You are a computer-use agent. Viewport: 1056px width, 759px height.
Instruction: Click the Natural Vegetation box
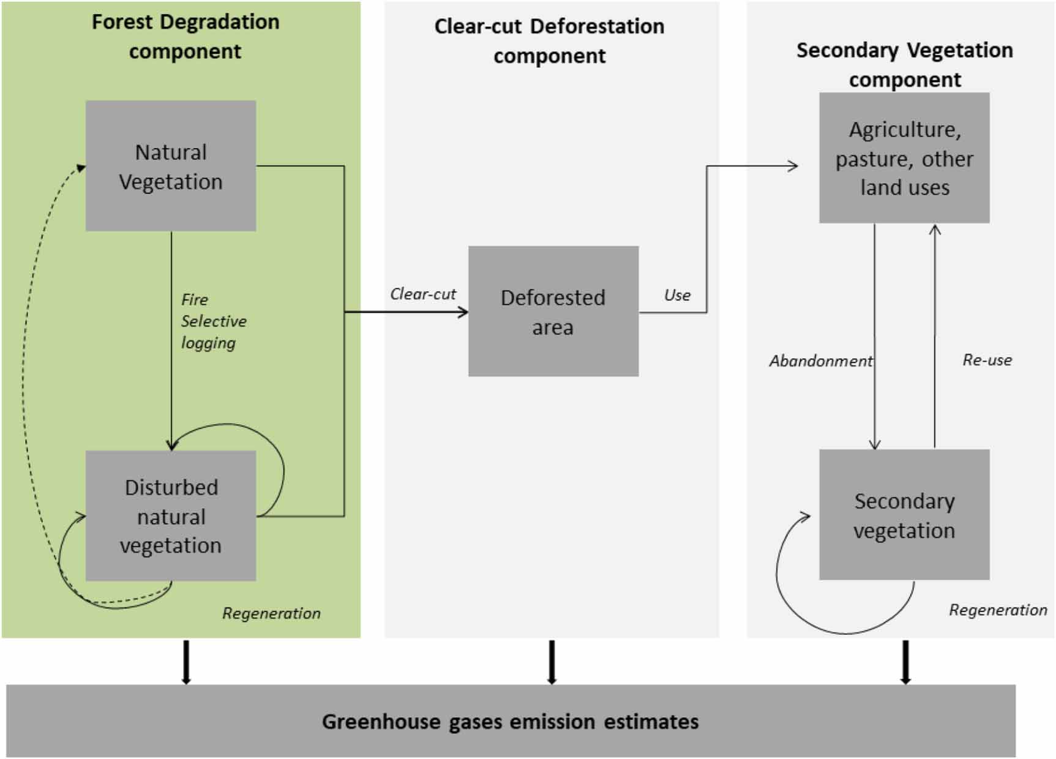[x=171, y=166]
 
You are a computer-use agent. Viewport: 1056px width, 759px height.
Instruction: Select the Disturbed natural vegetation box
[x=171, y=516]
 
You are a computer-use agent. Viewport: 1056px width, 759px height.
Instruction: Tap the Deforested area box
[x=553, y=312]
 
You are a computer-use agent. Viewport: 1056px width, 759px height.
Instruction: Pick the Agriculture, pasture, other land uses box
[x=904, y=158]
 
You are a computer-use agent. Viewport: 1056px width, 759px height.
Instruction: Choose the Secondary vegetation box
[x=904, y=515]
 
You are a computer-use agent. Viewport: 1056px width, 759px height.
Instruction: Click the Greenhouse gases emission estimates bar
[x=511, y=721]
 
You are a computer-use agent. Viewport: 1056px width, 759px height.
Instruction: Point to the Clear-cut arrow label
[x=423, y=294]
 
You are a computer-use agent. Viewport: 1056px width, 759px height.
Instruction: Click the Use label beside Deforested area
[x=677, y=295]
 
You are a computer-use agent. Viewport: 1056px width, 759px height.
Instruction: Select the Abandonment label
[x=820, y=361]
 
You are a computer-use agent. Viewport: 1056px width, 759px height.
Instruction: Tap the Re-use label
[x=987, y=360]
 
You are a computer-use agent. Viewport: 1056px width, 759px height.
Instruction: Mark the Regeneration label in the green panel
[x=271, y=613]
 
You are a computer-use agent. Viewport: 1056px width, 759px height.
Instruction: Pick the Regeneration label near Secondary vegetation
[x=998, y=610]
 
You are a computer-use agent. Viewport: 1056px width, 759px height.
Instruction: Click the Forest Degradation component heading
[x=185, y=36]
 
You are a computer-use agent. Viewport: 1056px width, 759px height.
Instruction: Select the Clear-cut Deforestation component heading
[x=549, y=41]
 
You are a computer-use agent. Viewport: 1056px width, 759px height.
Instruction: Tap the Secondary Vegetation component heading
[x=904, y=64]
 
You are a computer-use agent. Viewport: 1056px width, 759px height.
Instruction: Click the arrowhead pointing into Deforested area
[x=463, y=312]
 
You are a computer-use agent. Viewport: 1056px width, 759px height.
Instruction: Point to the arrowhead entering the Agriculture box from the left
[x=793, y=166]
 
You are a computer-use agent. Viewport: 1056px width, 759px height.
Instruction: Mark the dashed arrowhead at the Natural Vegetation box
[x=81, y=168]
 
